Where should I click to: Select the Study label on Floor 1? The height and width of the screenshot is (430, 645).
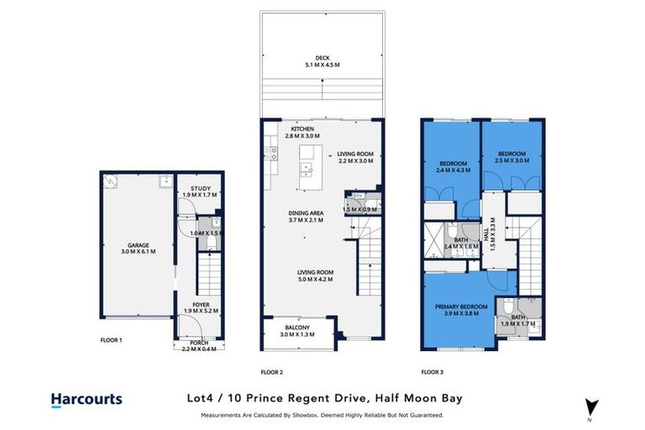pyautogui.click(x=200, y=188)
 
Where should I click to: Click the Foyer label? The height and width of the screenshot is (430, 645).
pyautogui.click(x=200, y=304)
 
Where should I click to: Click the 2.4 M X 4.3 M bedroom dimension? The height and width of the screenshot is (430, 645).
pyautogui.click(x=453, y=170)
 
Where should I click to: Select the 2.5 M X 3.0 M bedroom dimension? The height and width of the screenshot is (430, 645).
pyautogui.click(x=511, y=161)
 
